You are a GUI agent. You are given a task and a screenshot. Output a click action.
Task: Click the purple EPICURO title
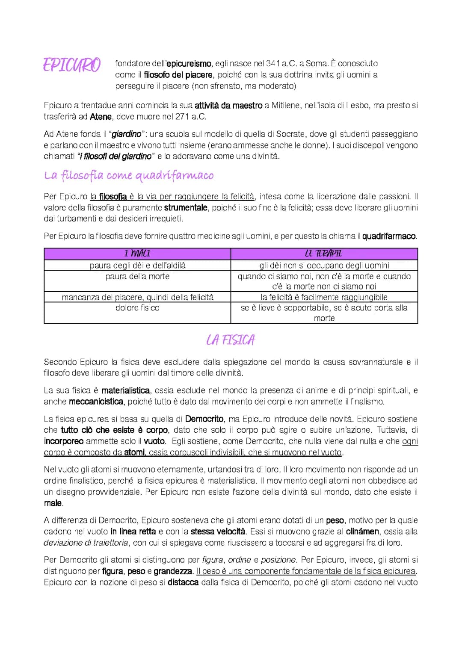[x=72, y=65]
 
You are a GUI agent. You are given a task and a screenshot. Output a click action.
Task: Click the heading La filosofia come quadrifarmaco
[x=129, y=175]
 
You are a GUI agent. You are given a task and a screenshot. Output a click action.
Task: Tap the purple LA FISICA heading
[x=231, y=340]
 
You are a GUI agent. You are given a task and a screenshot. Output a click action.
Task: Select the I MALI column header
[x=137, y=254]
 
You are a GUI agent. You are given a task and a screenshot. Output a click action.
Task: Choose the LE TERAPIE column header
[x=324, y=254]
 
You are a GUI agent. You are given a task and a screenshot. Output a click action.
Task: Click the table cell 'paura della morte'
[x=137, y=276]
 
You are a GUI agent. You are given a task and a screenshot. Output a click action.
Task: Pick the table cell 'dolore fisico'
[x=137, y=307]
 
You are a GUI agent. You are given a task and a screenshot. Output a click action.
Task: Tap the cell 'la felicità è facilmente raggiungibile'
[x=324, y=297]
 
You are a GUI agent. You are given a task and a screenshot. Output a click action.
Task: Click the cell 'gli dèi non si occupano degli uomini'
[x=324, y=265]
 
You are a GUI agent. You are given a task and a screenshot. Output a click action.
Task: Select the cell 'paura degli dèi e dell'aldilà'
[x=137, y=265]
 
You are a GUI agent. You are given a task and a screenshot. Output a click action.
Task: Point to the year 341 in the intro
[x=273, y=63]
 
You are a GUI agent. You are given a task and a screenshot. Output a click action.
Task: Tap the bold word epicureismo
[x=189, y=64]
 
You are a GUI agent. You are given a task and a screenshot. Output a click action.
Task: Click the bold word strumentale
[x=186, y=208]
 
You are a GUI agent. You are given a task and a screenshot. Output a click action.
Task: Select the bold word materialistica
[x=125, y=390]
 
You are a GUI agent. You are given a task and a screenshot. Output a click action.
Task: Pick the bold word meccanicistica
[x=96, y=402]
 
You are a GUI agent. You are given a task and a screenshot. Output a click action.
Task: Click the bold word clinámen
[x=362, y=532]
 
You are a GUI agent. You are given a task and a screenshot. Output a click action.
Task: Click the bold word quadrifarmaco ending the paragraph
[x=389, y=236]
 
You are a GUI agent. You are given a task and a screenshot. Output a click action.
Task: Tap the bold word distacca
[x=183, y=582]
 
